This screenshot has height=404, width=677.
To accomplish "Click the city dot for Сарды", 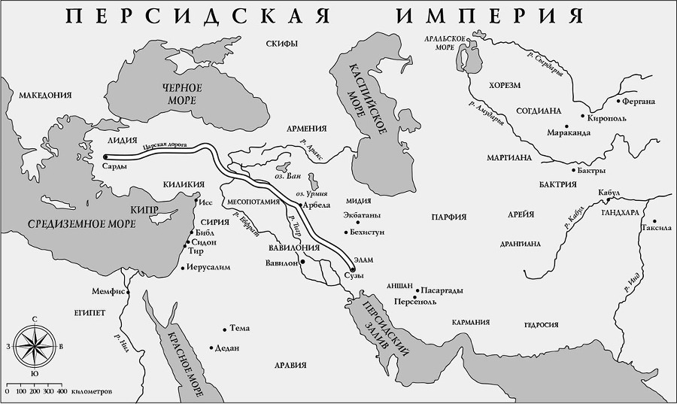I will pos(104,157).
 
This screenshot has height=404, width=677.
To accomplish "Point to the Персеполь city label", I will pos(414,301).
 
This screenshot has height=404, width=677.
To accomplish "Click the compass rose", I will pos(34,346).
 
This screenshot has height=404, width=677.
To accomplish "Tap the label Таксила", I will pos(656,226).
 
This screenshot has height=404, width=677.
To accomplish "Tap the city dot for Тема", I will pos(224,328).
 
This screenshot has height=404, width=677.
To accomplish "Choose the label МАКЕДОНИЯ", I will pos(45,96).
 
